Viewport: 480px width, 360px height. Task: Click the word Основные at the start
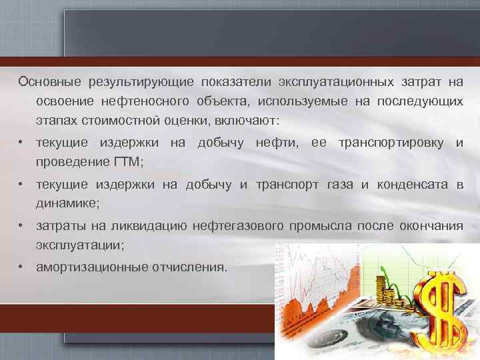tap(46, 82)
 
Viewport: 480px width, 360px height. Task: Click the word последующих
tap(420, 102)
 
